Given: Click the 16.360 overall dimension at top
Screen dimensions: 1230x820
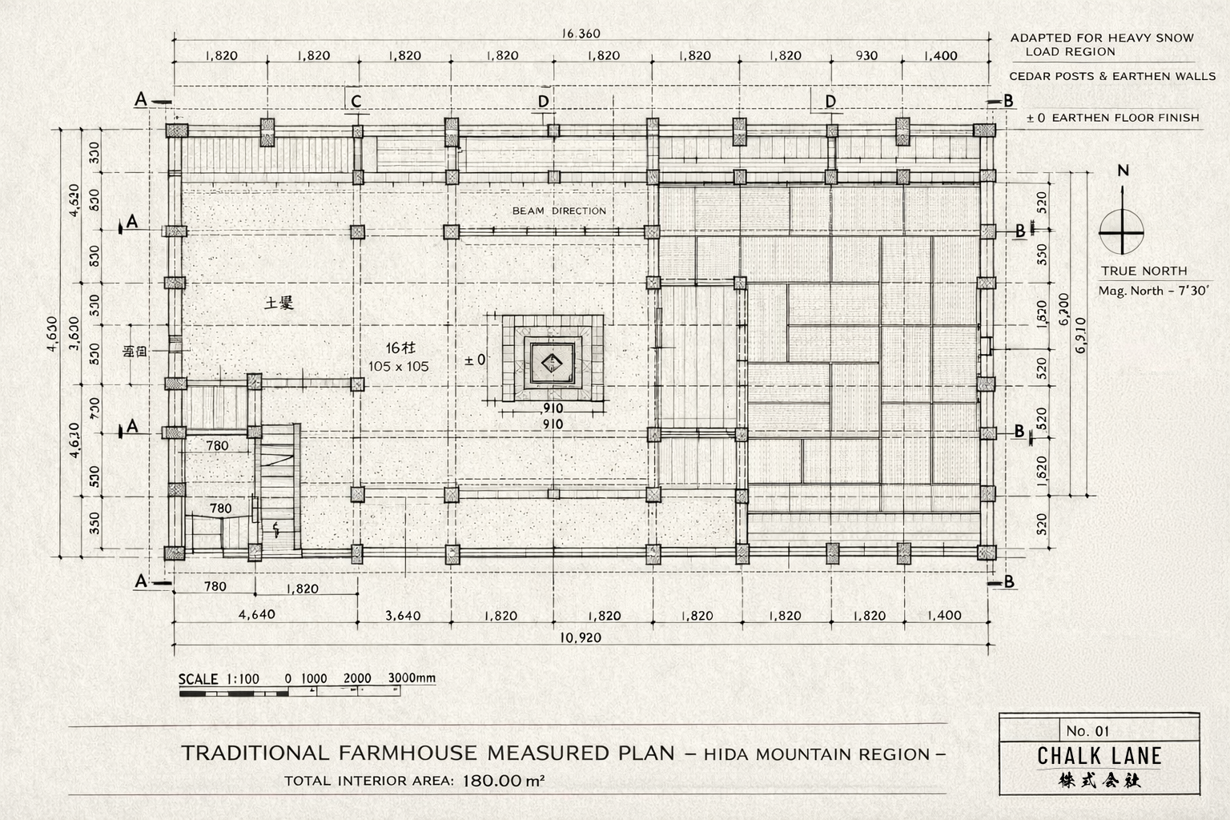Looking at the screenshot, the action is tap(581, 34).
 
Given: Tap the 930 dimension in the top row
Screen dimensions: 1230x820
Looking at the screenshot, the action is tap(866, 55).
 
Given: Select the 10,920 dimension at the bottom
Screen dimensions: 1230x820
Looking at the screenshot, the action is tap(581, 637).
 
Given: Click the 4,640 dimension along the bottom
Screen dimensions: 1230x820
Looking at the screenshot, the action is tap(256, 614).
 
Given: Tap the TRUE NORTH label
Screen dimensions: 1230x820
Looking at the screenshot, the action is tap(1144, 271).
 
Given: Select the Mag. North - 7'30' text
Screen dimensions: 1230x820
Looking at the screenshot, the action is tap(1153, 291).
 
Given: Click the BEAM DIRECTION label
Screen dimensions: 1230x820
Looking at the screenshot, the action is tap(559, 211).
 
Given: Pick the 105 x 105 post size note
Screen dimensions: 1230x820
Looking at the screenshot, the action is tap(399, 367).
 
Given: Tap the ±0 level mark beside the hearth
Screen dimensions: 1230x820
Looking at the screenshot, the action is tap(475, 360).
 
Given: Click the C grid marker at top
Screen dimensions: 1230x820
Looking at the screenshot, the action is tap(356, 101).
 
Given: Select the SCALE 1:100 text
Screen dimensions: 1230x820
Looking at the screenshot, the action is tap(219, 679).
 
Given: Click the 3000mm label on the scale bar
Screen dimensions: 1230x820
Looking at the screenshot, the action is tap(412, 677).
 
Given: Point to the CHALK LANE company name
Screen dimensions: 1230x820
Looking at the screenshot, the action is tap(1099, 756).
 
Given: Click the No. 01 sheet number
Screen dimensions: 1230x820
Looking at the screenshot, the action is tap(1087, 730).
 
